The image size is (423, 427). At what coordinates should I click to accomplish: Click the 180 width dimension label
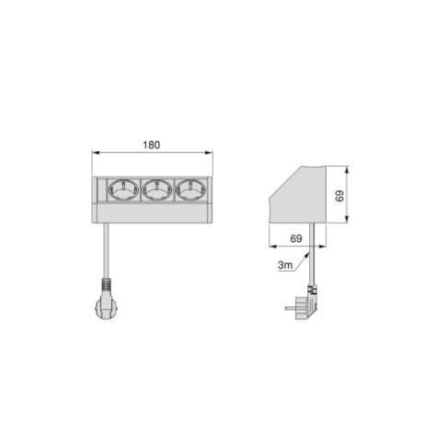tap(152, 144)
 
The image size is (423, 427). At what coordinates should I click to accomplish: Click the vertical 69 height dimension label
tap(339, 196)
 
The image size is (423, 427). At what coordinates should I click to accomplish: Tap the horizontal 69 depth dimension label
tap(296, 238)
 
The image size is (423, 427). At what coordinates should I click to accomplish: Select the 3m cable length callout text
tap(285, 265)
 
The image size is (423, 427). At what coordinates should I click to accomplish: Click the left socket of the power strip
tap(123, 190)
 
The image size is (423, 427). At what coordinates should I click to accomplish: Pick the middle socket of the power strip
tap(157, 190)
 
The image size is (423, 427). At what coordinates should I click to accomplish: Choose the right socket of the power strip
tap(190, 190)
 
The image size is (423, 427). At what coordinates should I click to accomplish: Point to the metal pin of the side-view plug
tap(290, 307)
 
